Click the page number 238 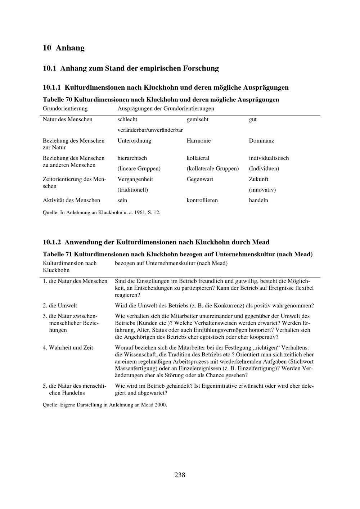[x=180, y=475]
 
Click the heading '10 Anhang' [x=64, y=48]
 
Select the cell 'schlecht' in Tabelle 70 [x=127, y=120]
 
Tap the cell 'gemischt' [x=197, y=120]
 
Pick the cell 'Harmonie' [x=198, y=141]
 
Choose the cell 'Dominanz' [x=261, y=141]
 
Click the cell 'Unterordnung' [x=134, y=141]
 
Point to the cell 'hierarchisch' [x=132, y=158]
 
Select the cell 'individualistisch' [x=269, y=158]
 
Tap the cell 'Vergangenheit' [x=135, y=179]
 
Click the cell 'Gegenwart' [x=200, y=179]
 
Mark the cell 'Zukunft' [x=258, y=179]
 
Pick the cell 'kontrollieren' [x=202, y=201]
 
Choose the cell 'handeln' [x=258, y=201]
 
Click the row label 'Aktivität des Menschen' [x=71, y=201]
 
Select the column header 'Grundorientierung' [x=65, y=109]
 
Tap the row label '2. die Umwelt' [x=60, y=306]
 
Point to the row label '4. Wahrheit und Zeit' [x=68, y=348]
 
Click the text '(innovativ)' [x=262, y=190]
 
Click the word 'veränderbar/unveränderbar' [x=150, y=130]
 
